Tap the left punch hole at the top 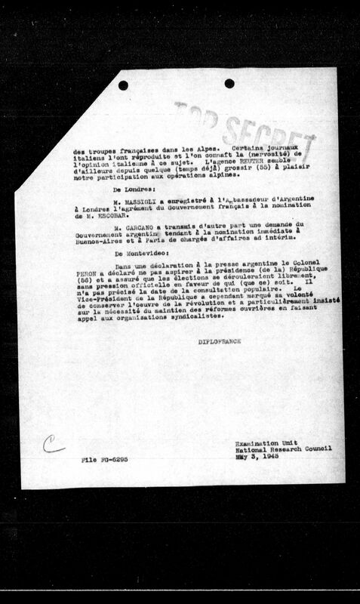[123, 85]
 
